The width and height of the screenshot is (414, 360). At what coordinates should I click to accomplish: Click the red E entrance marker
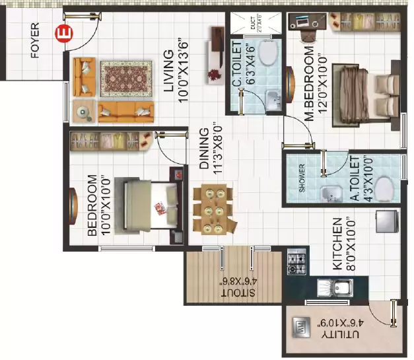point(63,32)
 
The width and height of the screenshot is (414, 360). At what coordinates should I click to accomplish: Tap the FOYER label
point(35,41)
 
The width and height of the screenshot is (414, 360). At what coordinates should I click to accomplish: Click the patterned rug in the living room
point(126,79)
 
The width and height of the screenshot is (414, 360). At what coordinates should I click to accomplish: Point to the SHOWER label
point(302,179)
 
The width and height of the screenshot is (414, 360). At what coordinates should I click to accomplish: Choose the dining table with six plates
point(213,210)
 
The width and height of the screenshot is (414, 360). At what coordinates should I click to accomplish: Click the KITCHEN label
point(337,244)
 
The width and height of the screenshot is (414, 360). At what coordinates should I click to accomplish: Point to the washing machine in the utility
point(298,327)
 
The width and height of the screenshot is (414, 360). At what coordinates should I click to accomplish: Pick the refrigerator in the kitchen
point(385,221)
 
